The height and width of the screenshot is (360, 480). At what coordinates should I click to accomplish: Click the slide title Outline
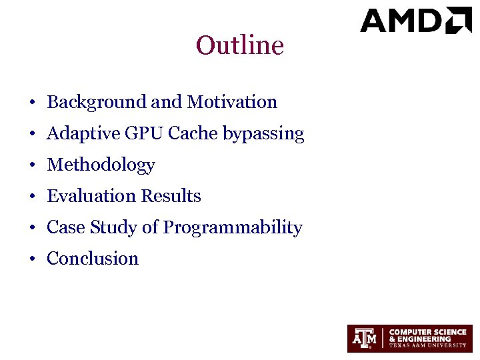click(240, 46)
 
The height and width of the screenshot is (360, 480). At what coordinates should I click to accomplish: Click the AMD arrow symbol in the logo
click(459, 20)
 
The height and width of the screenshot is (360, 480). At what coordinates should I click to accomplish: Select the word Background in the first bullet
click(97, 102)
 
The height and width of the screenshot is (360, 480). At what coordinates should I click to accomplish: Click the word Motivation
click(232, 102)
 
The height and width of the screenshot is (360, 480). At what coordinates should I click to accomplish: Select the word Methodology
click(101, 165)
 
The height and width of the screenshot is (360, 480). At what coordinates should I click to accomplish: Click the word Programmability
click(233, 228)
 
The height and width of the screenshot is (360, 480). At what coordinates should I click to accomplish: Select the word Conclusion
click(93, 259)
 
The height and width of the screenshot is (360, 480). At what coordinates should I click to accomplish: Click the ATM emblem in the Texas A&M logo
click(365, 339)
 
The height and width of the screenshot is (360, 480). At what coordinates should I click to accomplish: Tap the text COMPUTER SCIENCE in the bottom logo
click(427, 332)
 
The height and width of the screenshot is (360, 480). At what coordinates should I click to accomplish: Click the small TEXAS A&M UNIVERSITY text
click(427, 345)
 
